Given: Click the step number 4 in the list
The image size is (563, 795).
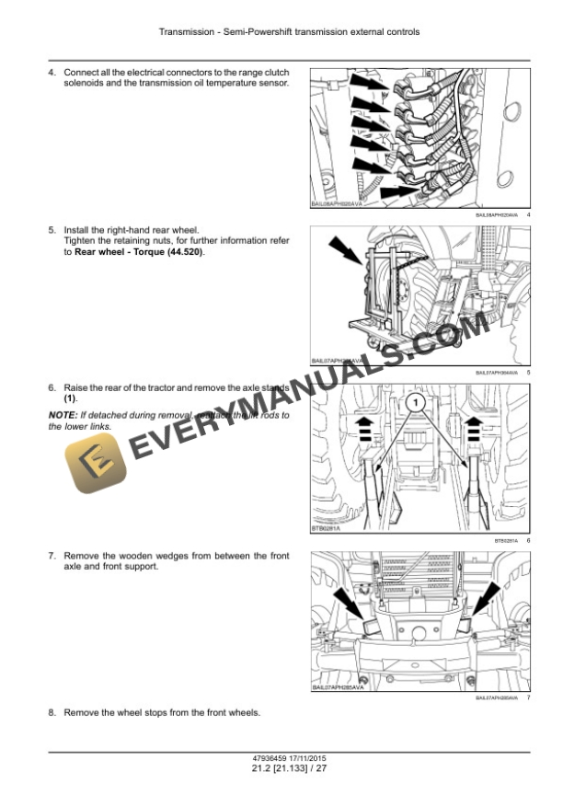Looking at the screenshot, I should tap(52, 72).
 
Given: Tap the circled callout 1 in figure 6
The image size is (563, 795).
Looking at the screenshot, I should tap(415, 403).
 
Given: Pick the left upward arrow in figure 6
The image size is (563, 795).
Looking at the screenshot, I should tap(364, 425).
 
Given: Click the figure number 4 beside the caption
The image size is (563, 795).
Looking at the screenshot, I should tap(529, 215).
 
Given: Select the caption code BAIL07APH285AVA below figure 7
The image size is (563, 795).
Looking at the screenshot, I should tap(497, 698).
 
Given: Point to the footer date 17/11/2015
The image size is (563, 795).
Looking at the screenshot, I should tap(300, 757).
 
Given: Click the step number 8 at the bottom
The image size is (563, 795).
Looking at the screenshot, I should tap(52, 713).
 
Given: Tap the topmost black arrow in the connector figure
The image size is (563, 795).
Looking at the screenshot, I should tap(363, 83).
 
